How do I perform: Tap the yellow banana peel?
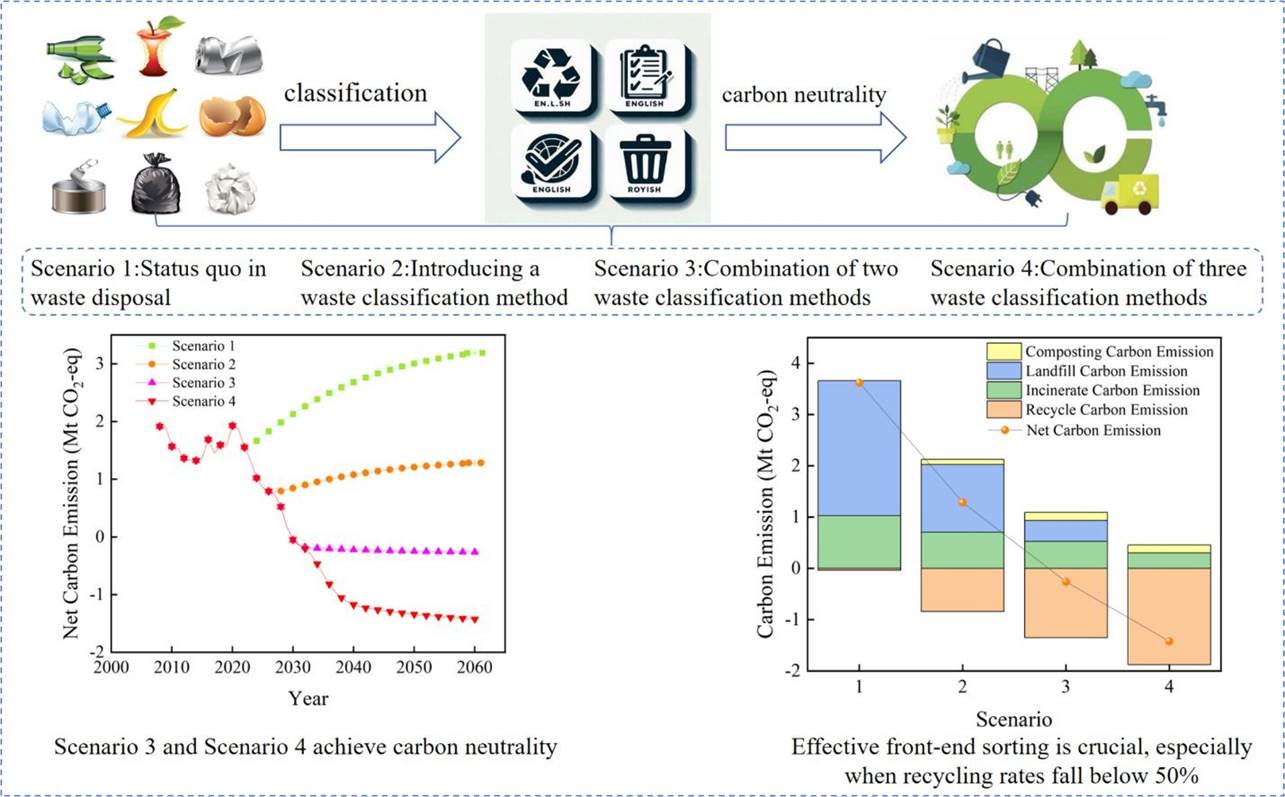(152, 114)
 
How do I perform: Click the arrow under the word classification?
(369, 136)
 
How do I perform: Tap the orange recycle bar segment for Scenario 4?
(1168, 615)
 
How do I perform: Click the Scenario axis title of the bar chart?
(1014, 718)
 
